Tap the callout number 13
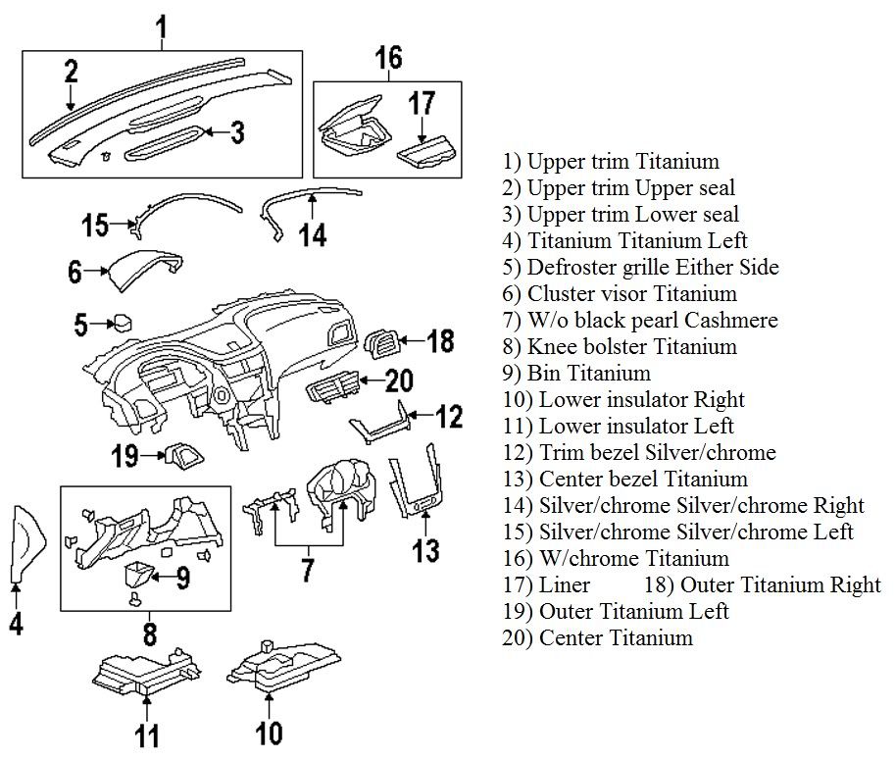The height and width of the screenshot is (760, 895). [x=425, y=550]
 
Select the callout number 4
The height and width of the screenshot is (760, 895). [x=17, y=624]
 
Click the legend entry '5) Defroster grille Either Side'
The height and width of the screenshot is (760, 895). [x=640, y=268]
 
